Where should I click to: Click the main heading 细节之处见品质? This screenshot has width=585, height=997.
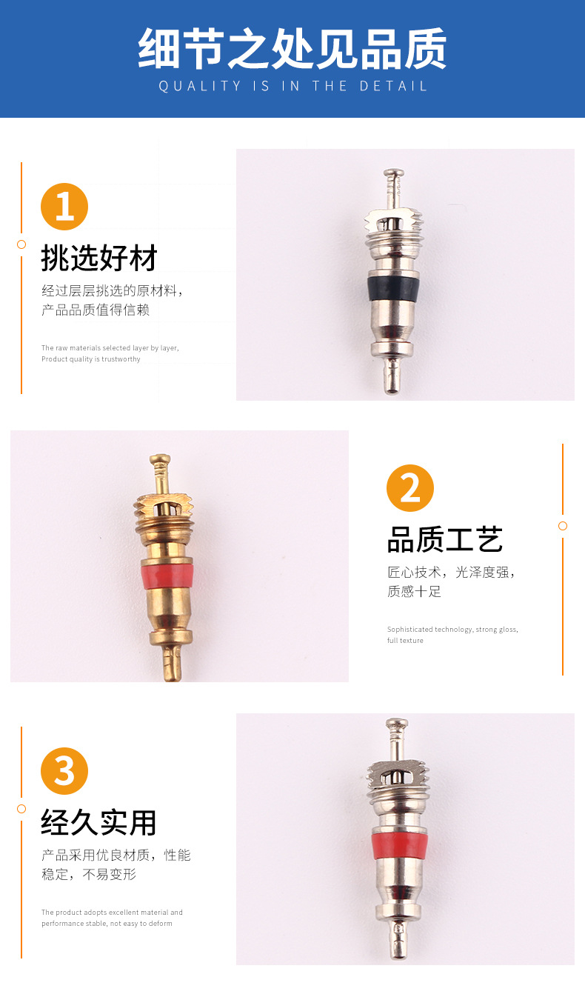[x=292, y=48]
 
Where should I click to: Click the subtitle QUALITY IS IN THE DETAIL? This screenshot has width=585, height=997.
[x=292, y=87]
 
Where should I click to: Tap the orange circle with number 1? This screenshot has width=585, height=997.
[x=64, y=206]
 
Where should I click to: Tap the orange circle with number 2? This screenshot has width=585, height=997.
[x=410, y=488]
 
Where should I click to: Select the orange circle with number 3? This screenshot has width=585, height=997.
[x=64, y=770]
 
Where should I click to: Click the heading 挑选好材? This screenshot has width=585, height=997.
[x=99, y=259]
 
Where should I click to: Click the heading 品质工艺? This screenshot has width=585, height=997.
[x=445, y=540]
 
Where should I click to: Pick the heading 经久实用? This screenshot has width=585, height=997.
[x=99, y=822]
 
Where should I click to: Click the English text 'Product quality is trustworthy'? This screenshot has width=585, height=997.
[x=91, y=359]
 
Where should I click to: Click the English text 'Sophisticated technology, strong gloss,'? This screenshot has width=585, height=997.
[x=452, y=630]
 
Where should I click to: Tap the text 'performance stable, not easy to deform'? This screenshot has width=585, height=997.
[x=107, y=924]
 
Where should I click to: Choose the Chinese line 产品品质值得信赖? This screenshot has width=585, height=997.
[x=96, y=310]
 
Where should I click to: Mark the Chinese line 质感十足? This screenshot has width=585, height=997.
[x=414, y=592]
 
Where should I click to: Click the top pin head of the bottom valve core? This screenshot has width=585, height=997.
[x=397, y=722]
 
